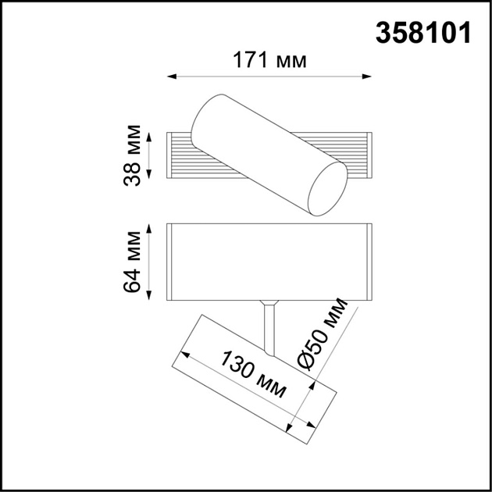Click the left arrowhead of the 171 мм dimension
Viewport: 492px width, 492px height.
click(173, 77)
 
